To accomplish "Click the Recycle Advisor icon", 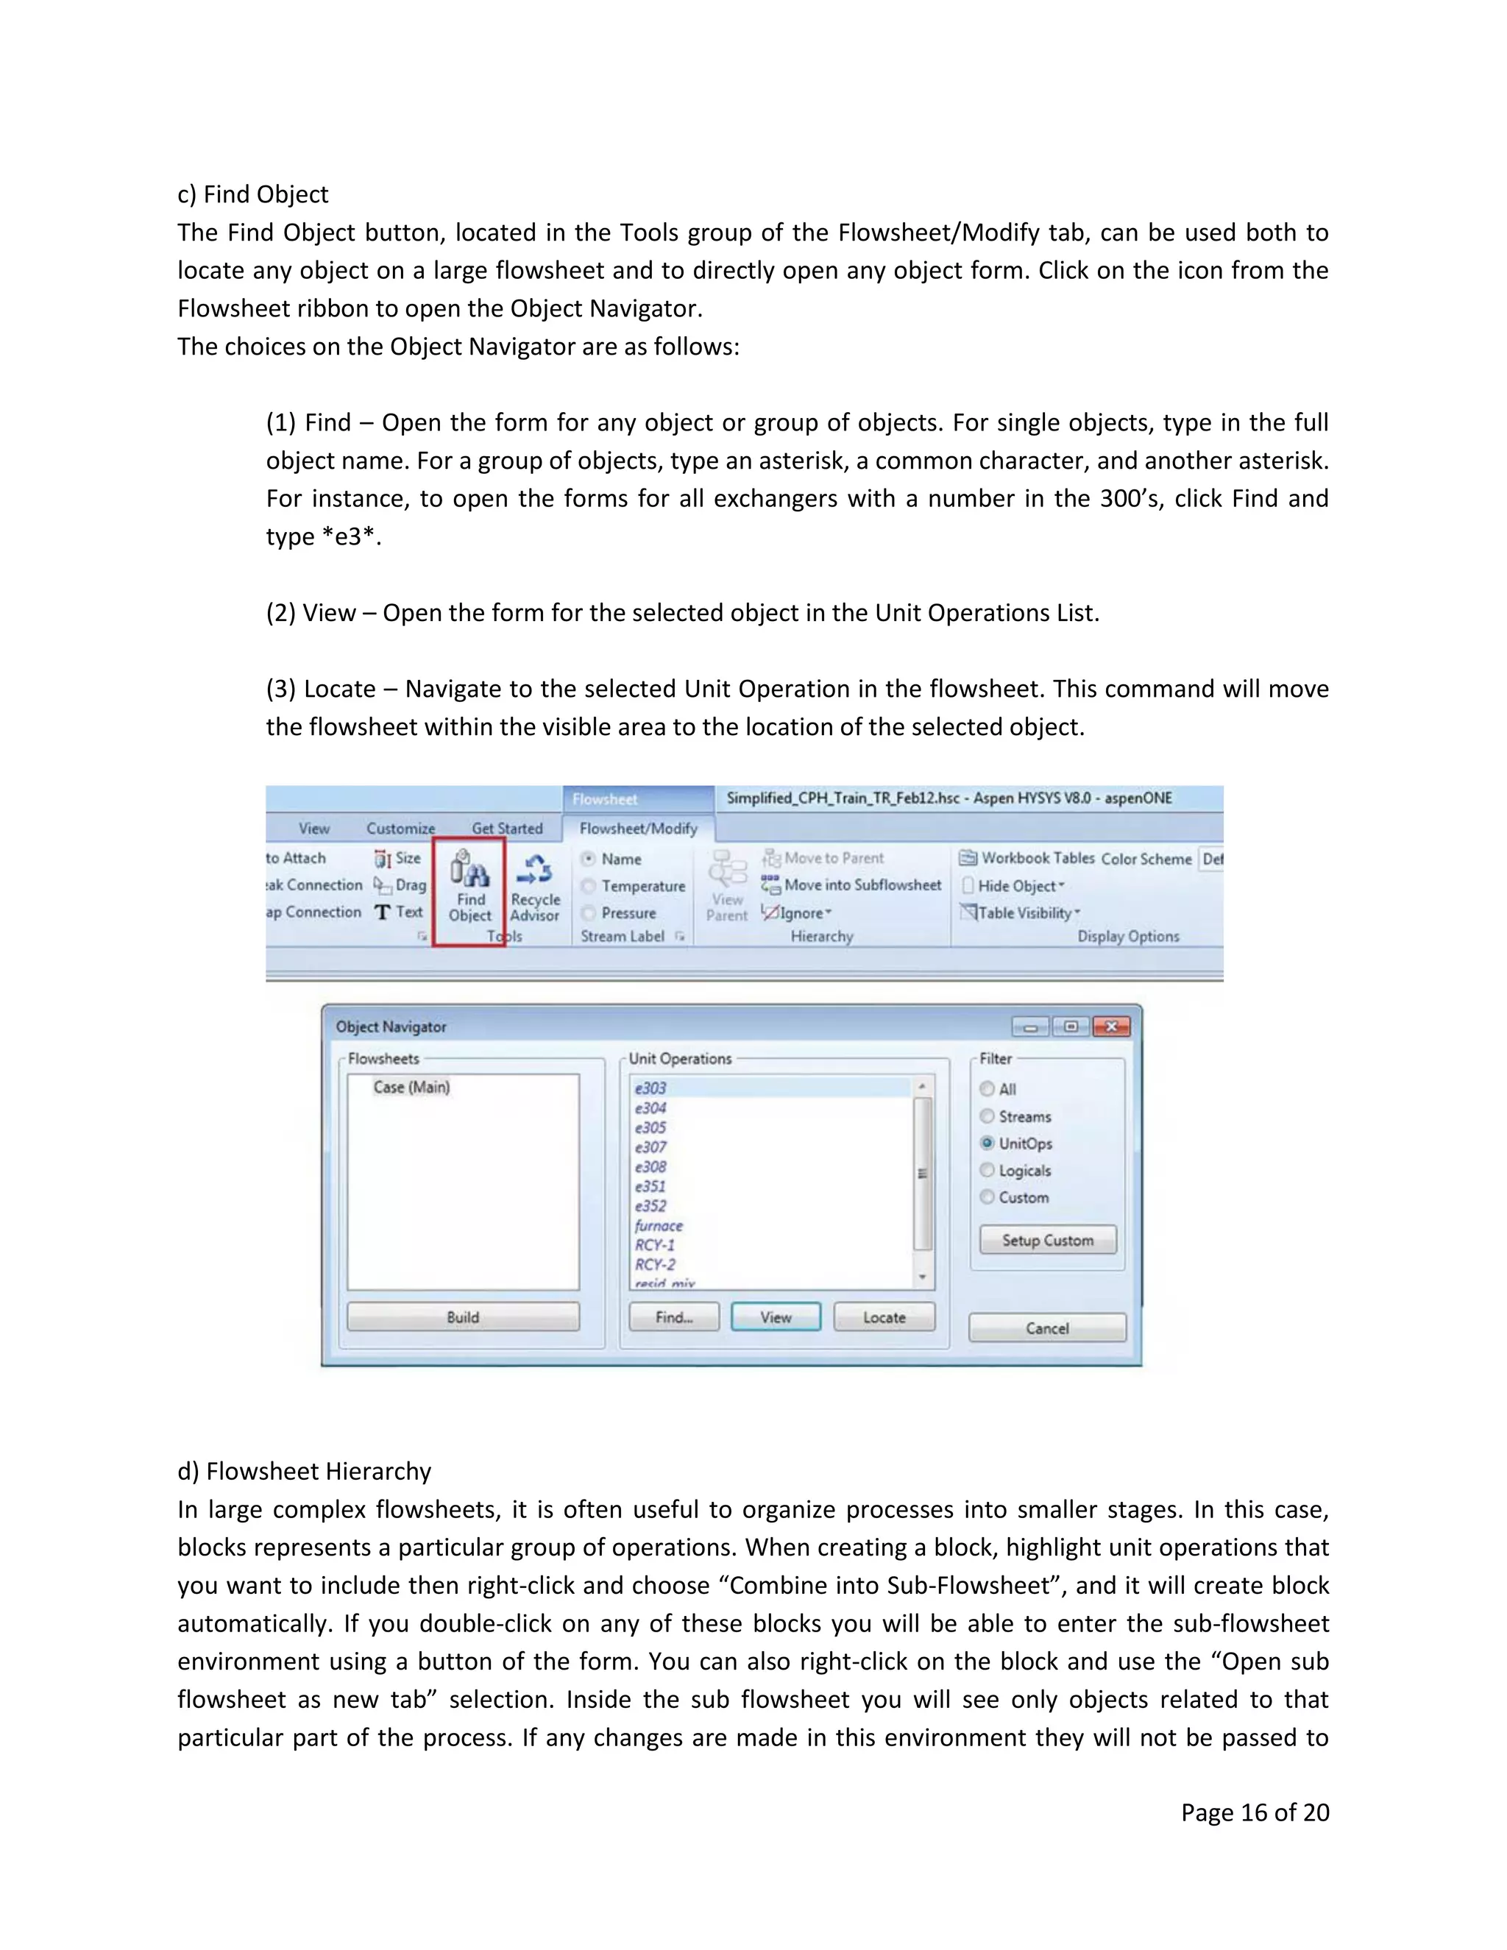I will [535, 870].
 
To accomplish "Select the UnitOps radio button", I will [987, 1143].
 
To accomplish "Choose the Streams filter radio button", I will [987, 1116].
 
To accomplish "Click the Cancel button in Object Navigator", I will [1046, 1327].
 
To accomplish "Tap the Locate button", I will [884, 1317].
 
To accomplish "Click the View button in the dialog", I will [775, 1317].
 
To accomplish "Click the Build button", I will [462, 1317].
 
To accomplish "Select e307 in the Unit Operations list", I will [650, 1147].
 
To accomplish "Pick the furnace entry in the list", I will [659, 1226].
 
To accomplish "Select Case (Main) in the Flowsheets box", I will [411, 1087].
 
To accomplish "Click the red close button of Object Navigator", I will [1112, 1027].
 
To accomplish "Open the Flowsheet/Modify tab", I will [638, 829].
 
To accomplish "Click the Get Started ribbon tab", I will [507, 829].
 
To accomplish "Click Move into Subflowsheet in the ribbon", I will [862, 884].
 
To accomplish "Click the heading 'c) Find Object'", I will [252, 195].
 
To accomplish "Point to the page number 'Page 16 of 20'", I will [1255, 1812].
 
